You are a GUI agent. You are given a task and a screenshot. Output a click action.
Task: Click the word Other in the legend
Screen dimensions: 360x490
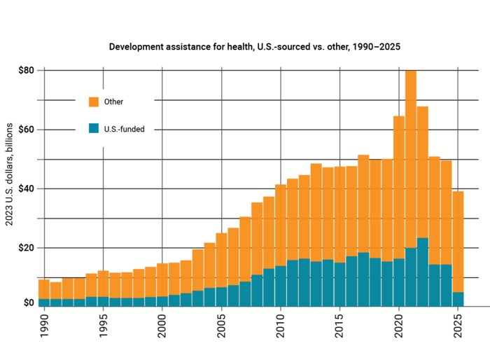coord(113,102)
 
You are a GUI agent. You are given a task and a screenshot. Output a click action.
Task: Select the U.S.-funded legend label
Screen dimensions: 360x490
coord(124,129)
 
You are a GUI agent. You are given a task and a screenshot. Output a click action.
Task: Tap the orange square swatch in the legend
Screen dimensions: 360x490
coord(94,102)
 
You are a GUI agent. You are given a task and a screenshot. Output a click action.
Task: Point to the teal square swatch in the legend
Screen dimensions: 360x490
coord(94,128)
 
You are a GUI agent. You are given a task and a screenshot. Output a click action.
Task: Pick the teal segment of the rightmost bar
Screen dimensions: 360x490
coord(458,299)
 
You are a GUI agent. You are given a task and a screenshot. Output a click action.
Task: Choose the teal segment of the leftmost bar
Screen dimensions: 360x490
coord(43,303)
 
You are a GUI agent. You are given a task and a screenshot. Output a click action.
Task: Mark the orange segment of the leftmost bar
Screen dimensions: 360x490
coord(43,289)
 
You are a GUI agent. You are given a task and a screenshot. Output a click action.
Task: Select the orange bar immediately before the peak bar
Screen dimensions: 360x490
coord(399,182)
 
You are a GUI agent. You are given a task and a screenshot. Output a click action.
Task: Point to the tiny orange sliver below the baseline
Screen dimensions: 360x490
coord(375,307)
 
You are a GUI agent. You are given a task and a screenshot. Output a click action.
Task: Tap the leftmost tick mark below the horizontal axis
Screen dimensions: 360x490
coord(44,310)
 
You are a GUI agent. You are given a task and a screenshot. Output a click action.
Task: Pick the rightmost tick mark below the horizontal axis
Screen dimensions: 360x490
coord(458,310)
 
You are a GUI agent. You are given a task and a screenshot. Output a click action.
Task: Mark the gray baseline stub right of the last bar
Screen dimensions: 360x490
coord(477,306)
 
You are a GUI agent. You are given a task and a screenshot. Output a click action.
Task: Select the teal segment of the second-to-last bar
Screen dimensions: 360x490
coord(446,285)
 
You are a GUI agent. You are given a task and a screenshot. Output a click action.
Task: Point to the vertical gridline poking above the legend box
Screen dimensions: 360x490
coord(104,77)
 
